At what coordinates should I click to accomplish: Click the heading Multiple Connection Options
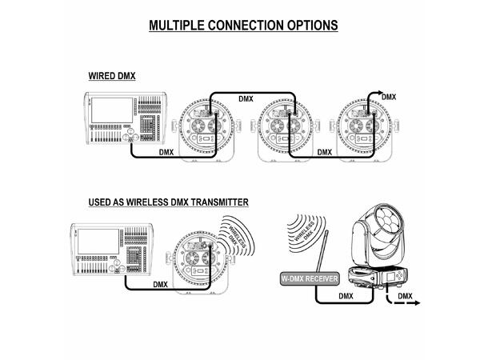(243, 26)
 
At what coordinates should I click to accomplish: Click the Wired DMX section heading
(112, 76)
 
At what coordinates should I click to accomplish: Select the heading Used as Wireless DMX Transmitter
(168, 202)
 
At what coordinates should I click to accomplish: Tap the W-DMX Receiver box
(310, 278)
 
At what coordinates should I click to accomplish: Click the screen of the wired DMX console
(112, 110)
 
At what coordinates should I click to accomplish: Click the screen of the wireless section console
(98, 242)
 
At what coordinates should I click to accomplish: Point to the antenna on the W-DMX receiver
(321, 251)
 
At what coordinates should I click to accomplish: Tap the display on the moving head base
(390, 277)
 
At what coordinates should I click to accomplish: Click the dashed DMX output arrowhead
(417, 302)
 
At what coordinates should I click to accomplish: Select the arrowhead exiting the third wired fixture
(381, 93)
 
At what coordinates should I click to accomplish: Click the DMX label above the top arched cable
(246, 99)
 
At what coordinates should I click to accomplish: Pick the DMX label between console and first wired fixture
(166, 153)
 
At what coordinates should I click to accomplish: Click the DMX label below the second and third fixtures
(324, 153)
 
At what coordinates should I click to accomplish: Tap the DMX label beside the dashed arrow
(406, 296)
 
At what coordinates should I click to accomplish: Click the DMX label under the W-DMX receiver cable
(346, 296)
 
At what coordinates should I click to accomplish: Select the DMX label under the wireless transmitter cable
(160, 285)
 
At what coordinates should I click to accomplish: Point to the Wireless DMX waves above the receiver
(306, 232)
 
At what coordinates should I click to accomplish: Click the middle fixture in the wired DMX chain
(285, 130)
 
